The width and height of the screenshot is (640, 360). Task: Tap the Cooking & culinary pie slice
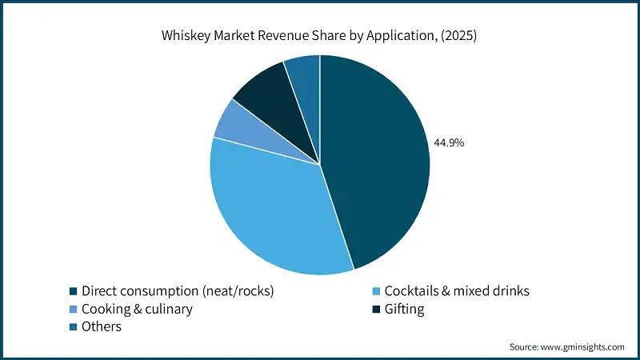point(230,128)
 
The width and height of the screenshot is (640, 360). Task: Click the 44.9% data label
point(449,143)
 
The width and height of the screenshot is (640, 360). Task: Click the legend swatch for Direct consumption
point(74,291)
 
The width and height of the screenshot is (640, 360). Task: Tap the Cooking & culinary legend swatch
point(74,309)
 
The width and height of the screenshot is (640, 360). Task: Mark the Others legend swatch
point(74,326)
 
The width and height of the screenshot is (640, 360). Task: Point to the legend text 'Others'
point(101,326)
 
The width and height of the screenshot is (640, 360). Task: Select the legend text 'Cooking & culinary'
point(137,309)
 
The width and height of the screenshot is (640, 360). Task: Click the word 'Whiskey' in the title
point(186,36)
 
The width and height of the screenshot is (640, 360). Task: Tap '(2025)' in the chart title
point(459,36)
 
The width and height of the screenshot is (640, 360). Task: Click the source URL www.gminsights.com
point(583,347)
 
